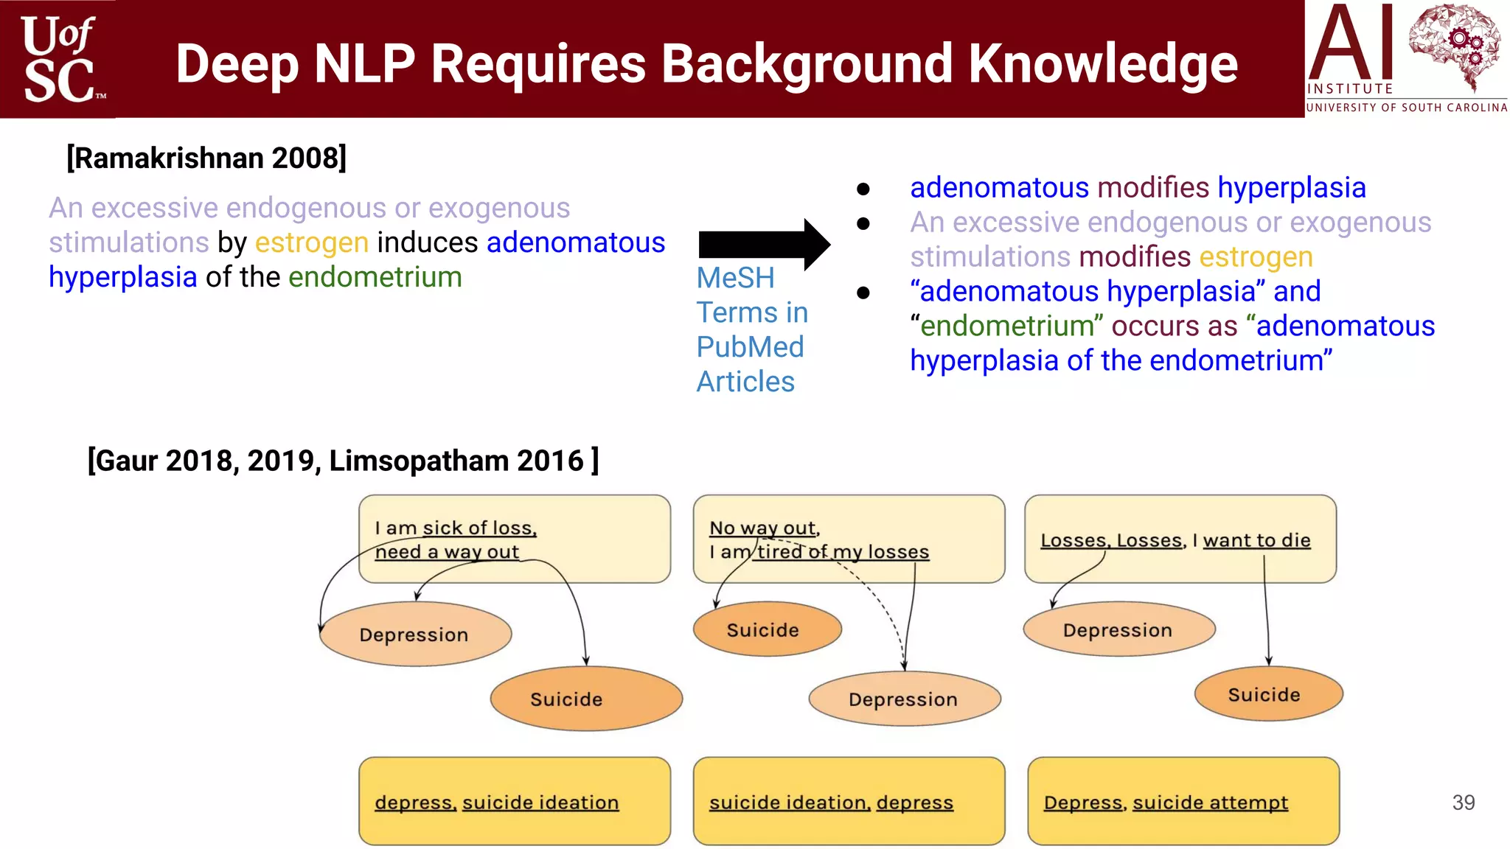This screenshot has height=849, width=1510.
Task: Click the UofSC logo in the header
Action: coord(59,59)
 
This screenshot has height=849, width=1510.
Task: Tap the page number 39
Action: coord(1464,803)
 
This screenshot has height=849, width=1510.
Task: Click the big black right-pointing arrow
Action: coord(763,244)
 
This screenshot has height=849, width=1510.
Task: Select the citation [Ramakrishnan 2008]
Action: coord(206,158)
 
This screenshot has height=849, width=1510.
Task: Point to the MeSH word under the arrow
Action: coord(735,279)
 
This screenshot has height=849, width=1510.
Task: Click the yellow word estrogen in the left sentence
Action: coord(312,242)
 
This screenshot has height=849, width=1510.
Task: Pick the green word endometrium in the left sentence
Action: coord(375,277)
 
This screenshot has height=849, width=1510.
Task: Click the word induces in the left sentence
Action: coord(428,242)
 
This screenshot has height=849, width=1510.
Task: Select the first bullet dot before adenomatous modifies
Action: coord(863,189)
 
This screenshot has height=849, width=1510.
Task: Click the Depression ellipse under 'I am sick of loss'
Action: coord(415,635)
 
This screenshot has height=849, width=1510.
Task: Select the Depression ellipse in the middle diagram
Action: coord(904,699)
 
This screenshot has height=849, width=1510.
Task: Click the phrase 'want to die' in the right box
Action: coord(1256,540)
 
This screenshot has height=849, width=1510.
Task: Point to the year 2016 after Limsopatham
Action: coord(550,461)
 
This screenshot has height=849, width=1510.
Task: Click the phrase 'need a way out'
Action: coord(447,552)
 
